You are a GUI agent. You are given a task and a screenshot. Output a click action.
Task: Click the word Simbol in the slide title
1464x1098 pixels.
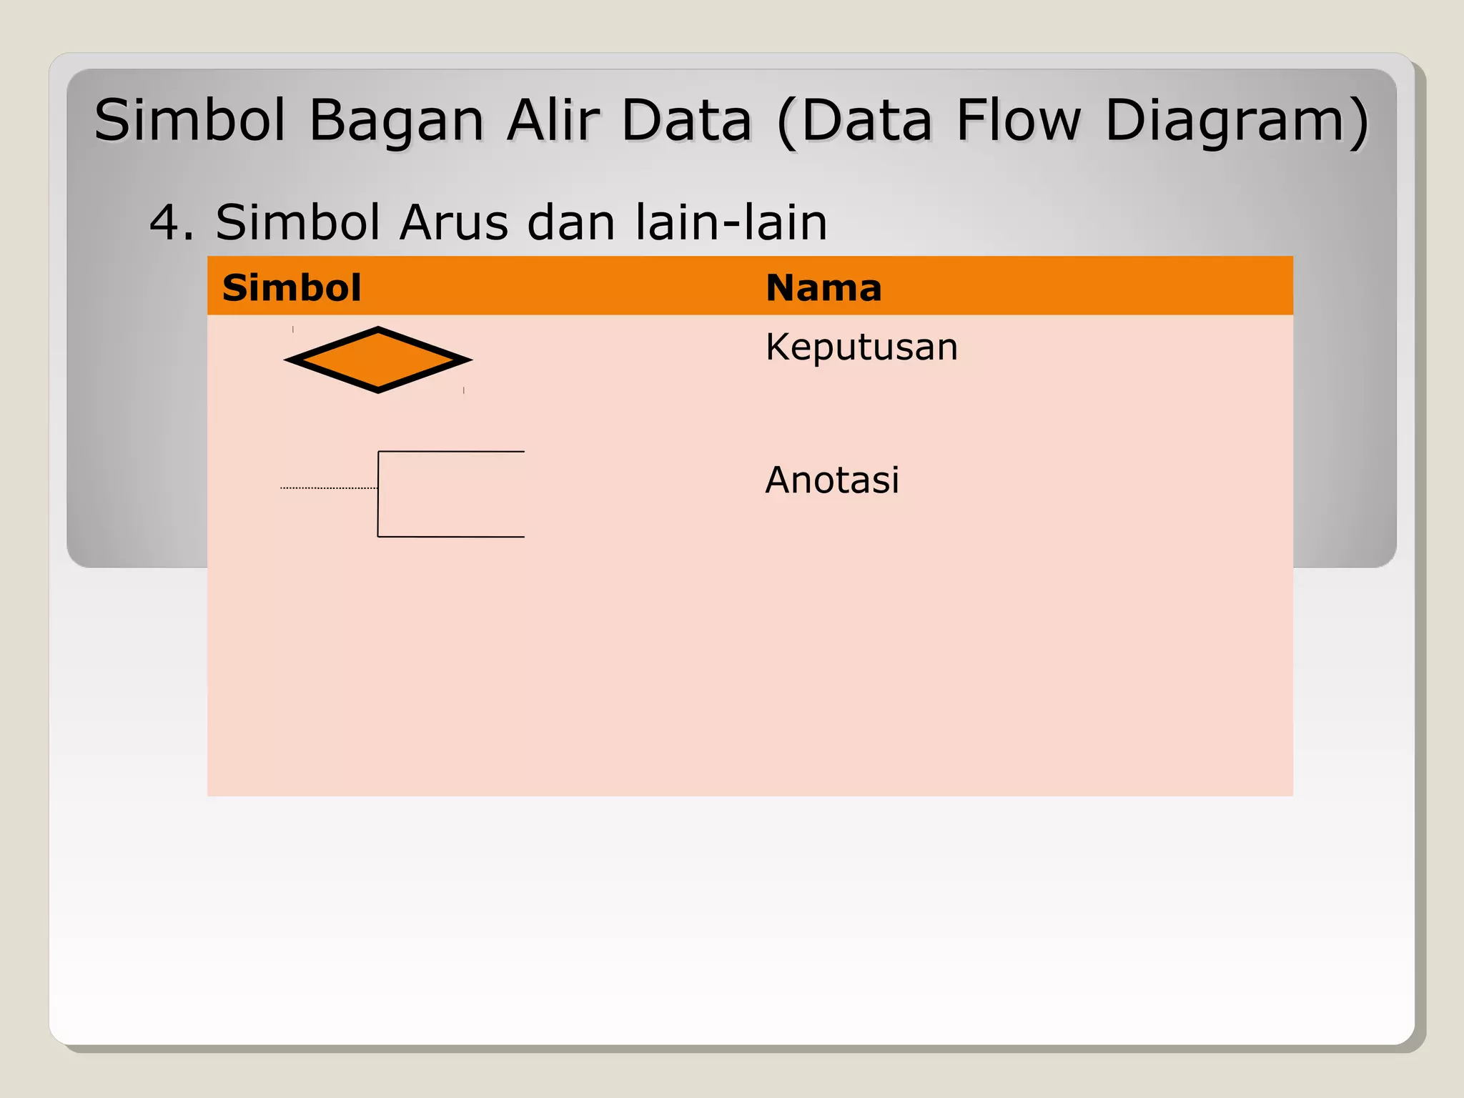189,119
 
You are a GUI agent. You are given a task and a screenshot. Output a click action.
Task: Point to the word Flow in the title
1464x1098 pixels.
1019,119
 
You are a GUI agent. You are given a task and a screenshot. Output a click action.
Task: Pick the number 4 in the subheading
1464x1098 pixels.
164,222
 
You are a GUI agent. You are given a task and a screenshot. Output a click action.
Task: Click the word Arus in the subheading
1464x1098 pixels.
453,222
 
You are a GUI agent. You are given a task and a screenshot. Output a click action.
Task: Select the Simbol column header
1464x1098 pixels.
292,287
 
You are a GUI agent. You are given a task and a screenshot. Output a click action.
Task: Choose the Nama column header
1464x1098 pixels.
823,287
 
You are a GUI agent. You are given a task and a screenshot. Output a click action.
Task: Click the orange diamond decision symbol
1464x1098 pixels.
378,360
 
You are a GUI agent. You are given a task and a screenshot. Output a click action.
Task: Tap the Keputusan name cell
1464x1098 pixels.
861,347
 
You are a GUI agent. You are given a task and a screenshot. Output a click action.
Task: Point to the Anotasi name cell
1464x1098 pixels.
832,480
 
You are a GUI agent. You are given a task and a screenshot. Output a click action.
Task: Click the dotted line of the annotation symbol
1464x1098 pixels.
329,488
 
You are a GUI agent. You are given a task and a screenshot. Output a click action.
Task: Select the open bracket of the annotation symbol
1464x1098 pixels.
378,494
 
